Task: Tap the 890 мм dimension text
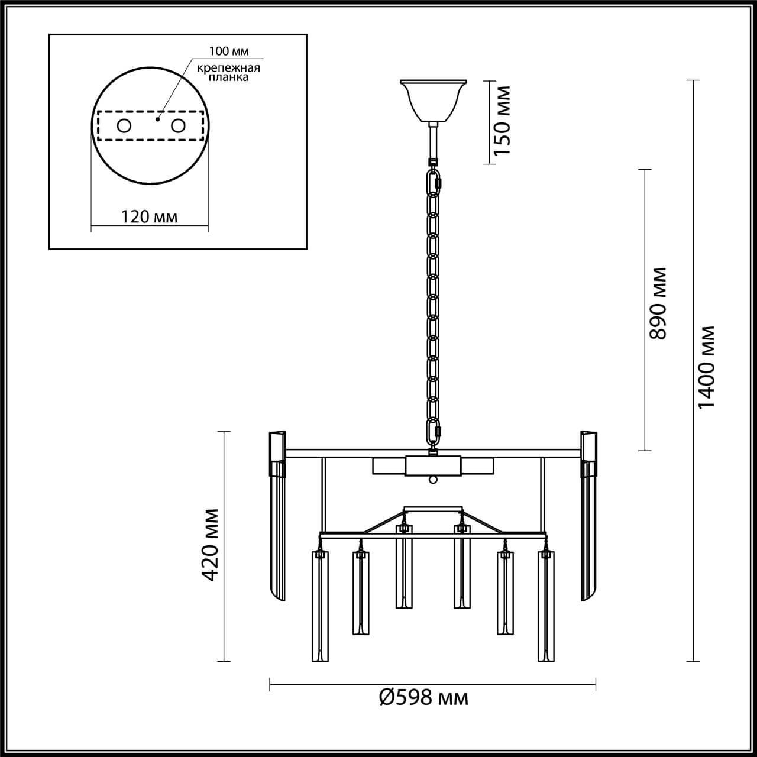pyautogui.click(x=658, y=303)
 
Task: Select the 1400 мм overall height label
pyautogui.click(x=707, y=367)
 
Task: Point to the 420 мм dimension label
pyautogui.click(x=210, y=544)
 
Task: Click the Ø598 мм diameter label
pyautogui.click(x=423, y=698)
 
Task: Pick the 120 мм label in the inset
pyautogui.click(x=149, y=216)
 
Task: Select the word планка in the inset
pyautogui.click(x=228, y=77)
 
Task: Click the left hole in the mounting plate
pyautogui.click(x=124, y=125)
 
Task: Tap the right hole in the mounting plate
pyautogui.click(x=178, y=125)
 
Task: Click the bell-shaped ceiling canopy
pyautogui.click(x=434, y=101)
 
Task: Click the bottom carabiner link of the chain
pyautogui.click(x=435, y=431)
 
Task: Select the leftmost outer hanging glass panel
pyautogui.click(x=277, y=520)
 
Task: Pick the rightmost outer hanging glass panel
pyautogui.click(x=589, y=520)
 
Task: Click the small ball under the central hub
pyautogui.click(x=434, y=480)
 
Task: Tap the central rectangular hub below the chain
pyautogui.click(x=434, y=466)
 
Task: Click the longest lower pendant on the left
pyautogui.click(x=319, y=606)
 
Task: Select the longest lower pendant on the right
pyautogui.click(x=546, y=606)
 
